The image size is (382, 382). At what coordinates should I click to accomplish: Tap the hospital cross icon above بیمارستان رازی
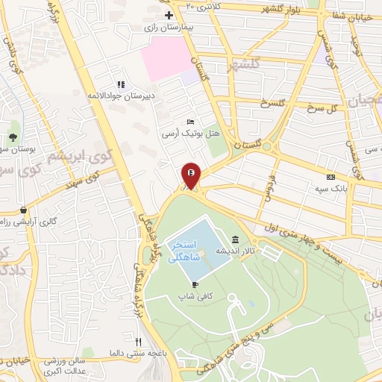pyautogui.click(x=169, y=15)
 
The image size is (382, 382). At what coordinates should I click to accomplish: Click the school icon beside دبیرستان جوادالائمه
pyautogui.click(x=119, y=84)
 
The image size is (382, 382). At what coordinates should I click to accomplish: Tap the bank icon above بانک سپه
pyautogui.click(x=331, y=176)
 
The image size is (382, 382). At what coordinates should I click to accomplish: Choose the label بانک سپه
pyautogui.click(x=330, y=188)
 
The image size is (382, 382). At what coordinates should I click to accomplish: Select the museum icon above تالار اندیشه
pyautogui.click(x=236, y=239)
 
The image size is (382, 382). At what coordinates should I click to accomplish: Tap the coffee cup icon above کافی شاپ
pyautogui.click(x=195, y=284)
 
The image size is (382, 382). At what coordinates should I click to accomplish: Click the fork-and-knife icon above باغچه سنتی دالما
pyautogui.click(x=137, y=340)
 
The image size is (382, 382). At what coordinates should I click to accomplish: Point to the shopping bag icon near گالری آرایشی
pyautogui.click(x=25, y=210)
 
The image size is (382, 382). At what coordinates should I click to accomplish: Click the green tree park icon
pyautogui.click(x=13, y=137)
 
